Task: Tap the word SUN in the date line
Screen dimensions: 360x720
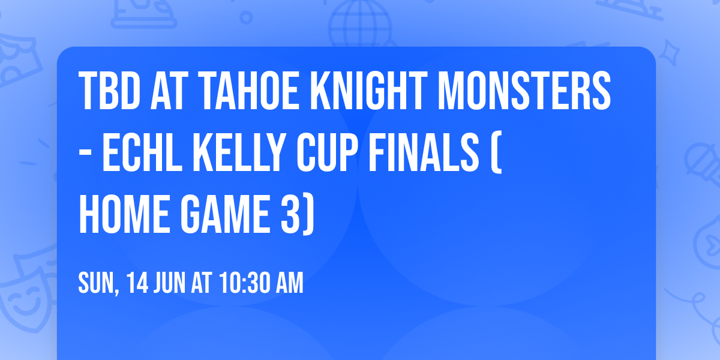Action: point(95,284)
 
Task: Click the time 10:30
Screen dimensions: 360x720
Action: point(244,284)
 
